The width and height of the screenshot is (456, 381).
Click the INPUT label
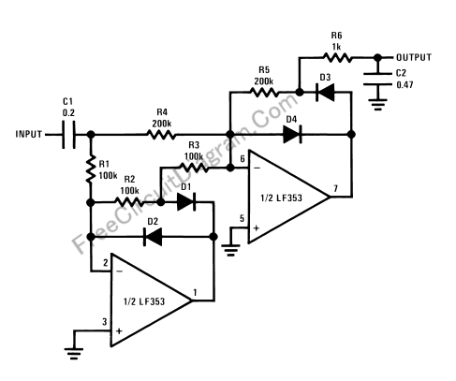pyautogui.click(x=29, y=134)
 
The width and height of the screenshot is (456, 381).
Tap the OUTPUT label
pyautogui.click(x=414, y=57)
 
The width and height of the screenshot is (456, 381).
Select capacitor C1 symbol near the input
pyautogui.click(x=68, y=135)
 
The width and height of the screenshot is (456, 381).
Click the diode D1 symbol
pyautogui.click(x=186, y=202)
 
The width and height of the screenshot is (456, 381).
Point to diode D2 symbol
pyautogui.click(x=153, y=237)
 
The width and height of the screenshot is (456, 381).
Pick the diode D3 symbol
pyautogui.click(x=325, y=93)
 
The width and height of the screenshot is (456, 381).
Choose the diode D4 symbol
pyautogui.click(x=292, y=135)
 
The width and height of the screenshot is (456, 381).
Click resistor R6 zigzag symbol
pyautogui.click(x=337, y=58)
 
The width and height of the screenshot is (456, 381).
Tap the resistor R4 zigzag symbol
pyautogui.click(x=161, y=135)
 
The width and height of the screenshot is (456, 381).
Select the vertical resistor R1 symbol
pyautogui.click(x=91, y=169)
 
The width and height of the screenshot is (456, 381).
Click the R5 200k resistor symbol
pyautogui.click(x=264, y=93)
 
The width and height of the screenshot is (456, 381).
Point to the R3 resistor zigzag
pyautogui.click(x=194, y=168)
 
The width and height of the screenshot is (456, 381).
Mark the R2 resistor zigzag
pyautogui.click(x=129, y=202)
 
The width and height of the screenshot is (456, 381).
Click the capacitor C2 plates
pyautogui.click(x=377, y=79)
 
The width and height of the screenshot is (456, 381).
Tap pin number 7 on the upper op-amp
pyautogui.click(x=335, y=188)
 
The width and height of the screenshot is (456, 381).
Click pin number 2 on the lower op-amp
pyautogui.click(x=106, y=263)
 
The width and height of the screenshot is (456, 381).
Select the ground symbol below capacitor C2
pyautogui.click(x=377, y=105)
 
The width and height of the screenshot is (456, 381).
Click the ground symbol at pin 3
pyautogui.click(x=74, y=354)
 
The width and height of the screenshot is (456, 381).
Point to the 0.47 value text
pyautogui.click(x=405, y=85)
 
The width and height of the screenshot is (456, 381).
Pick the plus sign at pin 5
pyautogui.click(x=257, y=228)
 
